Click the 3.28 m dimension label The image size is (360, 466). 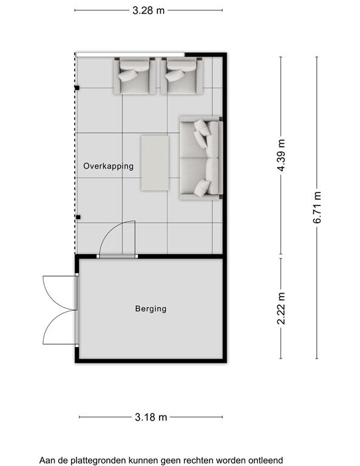(148, 11)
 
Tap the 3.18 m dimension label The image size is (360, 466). (151, 417)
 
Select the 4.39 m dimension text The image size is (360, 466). (281, 155)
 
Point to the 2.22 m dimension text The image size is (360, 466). (281, 308)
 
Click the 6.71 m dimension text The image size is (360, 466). (317, 207)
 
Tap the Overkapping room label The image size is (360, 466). (108, 166)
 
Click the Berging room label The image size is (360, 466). (151, 309)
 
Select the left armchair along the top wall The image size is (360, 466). (134, 76)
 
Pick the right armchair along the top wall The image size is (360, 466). (182, 76)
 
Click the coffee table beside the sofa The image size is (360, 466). (155, 163)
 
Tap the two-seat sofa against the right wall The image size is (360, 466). (202, 158)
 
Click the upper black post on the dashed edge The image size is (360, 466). (77, 87)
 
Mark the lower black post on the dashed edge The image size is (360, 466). (78, 217)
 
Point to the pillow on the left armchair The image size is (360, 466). (128, 75)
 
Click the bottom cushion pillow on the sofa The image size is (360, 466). (202, 188)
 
